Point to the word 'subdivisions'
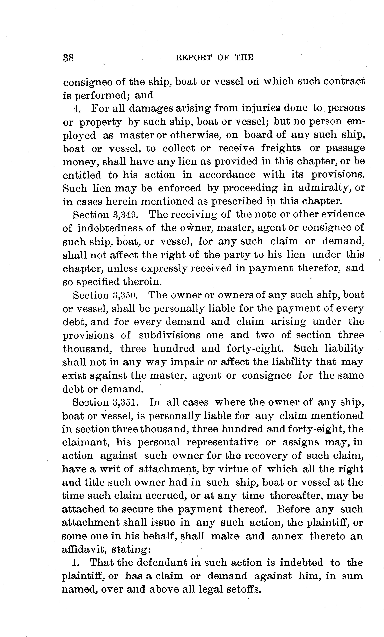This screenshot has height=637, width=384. pyautogui.click(x=169, y=335)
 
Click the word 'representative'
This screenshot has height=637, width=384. pyautogui.click(x=222, y=442)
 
